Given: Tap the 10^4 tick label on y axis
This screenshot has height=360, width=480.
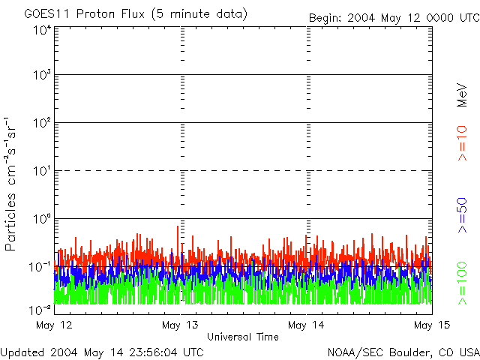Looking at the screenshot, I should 42,30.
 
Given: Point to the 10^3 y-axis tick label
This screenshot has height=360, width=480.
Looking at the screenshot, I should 42,76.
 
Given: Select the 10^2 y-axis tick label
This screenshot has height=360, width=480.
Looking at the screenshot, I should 42,124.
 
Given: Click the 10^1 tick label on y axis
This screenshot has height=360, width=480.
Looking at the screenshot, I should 42,172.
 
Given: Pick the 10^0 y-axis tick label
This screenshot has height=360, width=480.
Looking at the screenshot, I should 42,219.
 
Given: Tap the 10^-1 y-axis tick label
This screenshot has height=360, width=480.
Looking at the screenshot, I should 40,267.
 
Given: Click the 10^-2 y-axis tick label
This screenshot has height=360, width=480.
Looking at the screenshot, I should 40,309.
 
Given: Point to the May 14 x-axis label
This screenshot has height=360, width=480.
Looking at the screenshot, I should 305,325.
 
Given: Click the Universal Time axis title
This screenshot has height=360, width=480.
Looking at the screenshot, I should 242,337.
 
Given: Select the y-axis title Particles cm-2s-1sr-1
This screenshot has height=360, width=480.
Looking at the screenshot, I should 12,184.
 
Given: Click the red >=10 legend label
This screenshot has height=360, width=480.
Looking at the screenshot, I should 462,143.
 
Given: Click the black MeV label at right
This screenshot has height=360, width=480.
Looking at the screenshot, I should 462,95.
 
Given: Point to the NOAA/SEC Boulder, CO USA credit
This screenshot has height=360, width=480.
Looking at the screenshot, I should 403,352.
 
